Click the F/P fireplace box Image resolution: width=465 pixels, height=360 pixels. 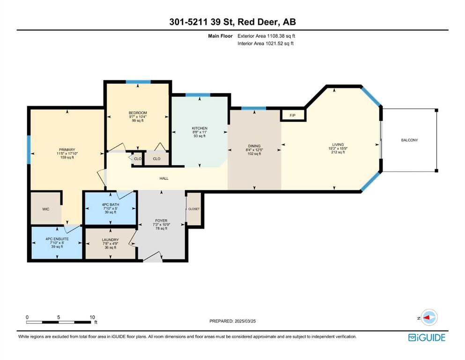pos(293,115)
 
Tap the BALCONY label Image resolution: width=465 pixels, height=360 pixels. pos(409,140)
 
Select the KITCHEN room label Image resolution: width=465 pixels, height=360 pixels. pos(199,128)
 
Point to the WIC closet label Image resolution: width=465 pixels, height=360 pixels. pos(46,209)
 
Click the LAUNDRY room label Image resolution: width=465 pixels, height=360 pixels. pos(111,240)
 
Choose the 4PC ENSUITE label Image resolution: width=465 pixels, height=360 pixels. pos(57,239)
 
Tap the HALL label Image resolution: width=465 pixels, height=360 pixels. pos(164,179)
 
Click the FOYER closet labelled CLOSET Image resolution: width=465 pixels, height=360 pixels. pos(194,209)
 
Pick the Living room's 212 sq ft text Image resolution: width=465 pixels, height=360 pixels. pos(338,152)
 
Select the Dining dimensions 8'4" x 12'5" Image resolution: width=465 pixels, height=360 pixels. pos(254,150)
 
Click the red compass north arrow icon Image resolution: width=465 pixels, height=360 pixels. pos(427,317)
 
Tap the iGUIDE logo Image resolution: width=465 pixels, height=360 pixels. pos(427,337)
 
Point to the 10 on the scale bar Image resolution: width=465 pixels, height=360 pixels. pos(92,317)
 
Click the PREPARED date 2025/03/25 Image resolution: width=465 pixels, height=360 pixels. pos(245,321)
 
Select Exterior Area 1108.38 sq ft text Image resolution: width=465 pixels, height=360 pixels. pos(266,36)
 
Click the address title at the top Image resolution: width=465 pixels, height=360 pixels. pos(232,22)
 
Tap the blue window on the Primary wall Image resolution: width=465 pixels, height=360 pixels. pos(29,150)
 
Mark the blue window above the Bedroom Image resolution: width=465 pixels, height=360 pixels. pos(138,82)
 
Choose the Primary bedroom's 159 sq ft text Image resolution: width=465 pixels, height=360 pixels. pos(67,157)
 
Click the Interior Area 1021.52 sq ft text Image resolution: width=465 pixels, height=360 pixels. pos(266,43)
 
